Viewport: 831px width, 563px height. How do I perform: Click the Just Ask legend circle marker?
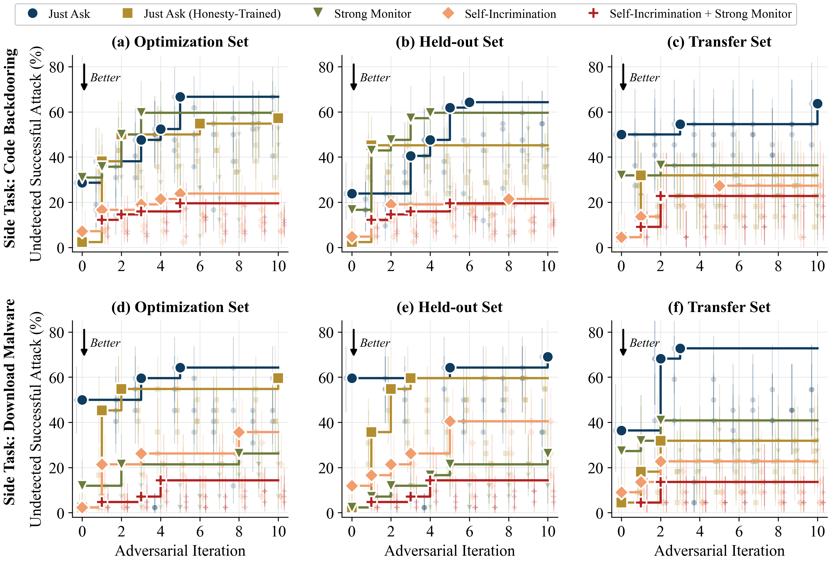pyautogui.click(x=33, y=14)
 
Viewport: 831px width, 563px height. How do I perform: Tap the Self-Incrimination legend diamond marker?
pyautogui.click(x=448, y=14)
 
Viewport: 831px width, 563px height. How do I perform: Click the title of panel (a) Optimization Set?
pyautogui.click(x=180, y=42)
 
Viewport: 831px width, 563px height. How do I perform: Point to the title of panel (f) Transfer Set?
pyautogui.click(x=719, y=307)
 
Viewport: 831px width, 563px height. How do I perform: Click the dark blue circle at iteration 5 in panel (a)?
pyautogui.click(x=180, y=97)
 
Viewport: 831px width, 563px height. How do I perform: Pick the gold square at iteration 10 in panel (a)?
pyautogui.click(x=278, y=118)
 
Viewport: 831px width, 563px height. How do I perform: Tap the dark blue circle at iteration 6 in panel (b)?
pyautogui.click(x=469, y=102)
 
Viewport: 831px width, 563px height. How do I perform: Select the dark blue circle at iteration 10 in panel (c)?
pyautogui.click(x=817, y=104)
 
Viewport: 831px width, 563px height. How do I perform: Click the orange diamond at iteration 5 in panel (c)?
pyautogui.click(x=719, y=186)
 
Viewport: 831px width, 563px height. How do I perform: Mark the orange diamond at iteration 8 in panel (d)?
pyautogui.click(x=239, y=432)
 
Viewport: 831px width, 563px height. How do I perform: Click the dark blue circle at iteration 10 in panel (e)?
pyautogui.click(x=547, y=357)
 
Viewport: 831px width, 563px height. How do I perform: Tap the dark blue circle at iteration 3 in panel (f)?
pyautogui.click(x=680, y=348)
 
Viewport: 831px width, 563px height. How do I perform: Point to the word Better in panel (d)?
pyautogui.click(x=105, y=343)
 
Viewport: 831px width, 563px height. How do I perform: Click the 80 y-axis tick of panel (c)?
pyautogui.click(x=596, y=67)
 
